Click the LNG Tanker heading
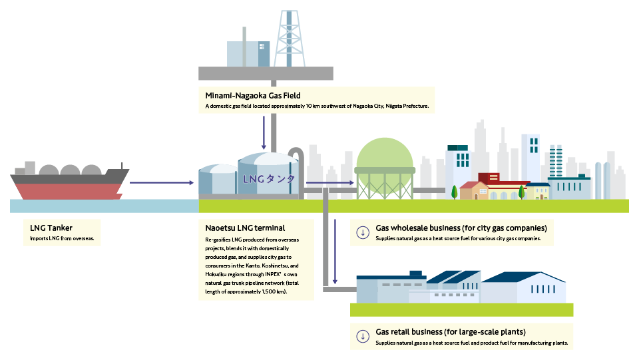click(x=51, y=228)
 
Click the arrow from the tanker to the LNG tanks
click(x=162, y=183)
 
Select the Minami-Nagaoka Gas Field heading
click(x=253, y=96)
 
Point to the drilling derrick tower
click(x=289, y=39)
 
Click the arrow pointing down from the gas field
click(x=264, y=133)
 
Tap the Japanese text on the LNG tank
click(x=268, y=179)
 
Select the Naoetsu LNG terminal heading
click(x=245, y=228)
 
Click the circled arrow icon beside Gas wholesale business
click(x=363, y=233)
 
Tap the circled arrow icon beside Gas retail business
click(x=363, y=337)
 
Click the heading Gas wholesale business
click(x=461, y=228)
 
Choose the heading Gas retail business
click(x=451, y=332)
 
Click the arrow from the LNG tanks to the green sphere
click(x=330, y=183)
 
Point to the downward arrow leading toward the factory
click(x=335, y=252)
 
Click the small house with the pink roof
click(x=474, y=190)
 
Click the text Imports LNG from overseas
click(x=62, y=238)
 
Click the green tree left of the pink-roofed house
click(x=454, y=192)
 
